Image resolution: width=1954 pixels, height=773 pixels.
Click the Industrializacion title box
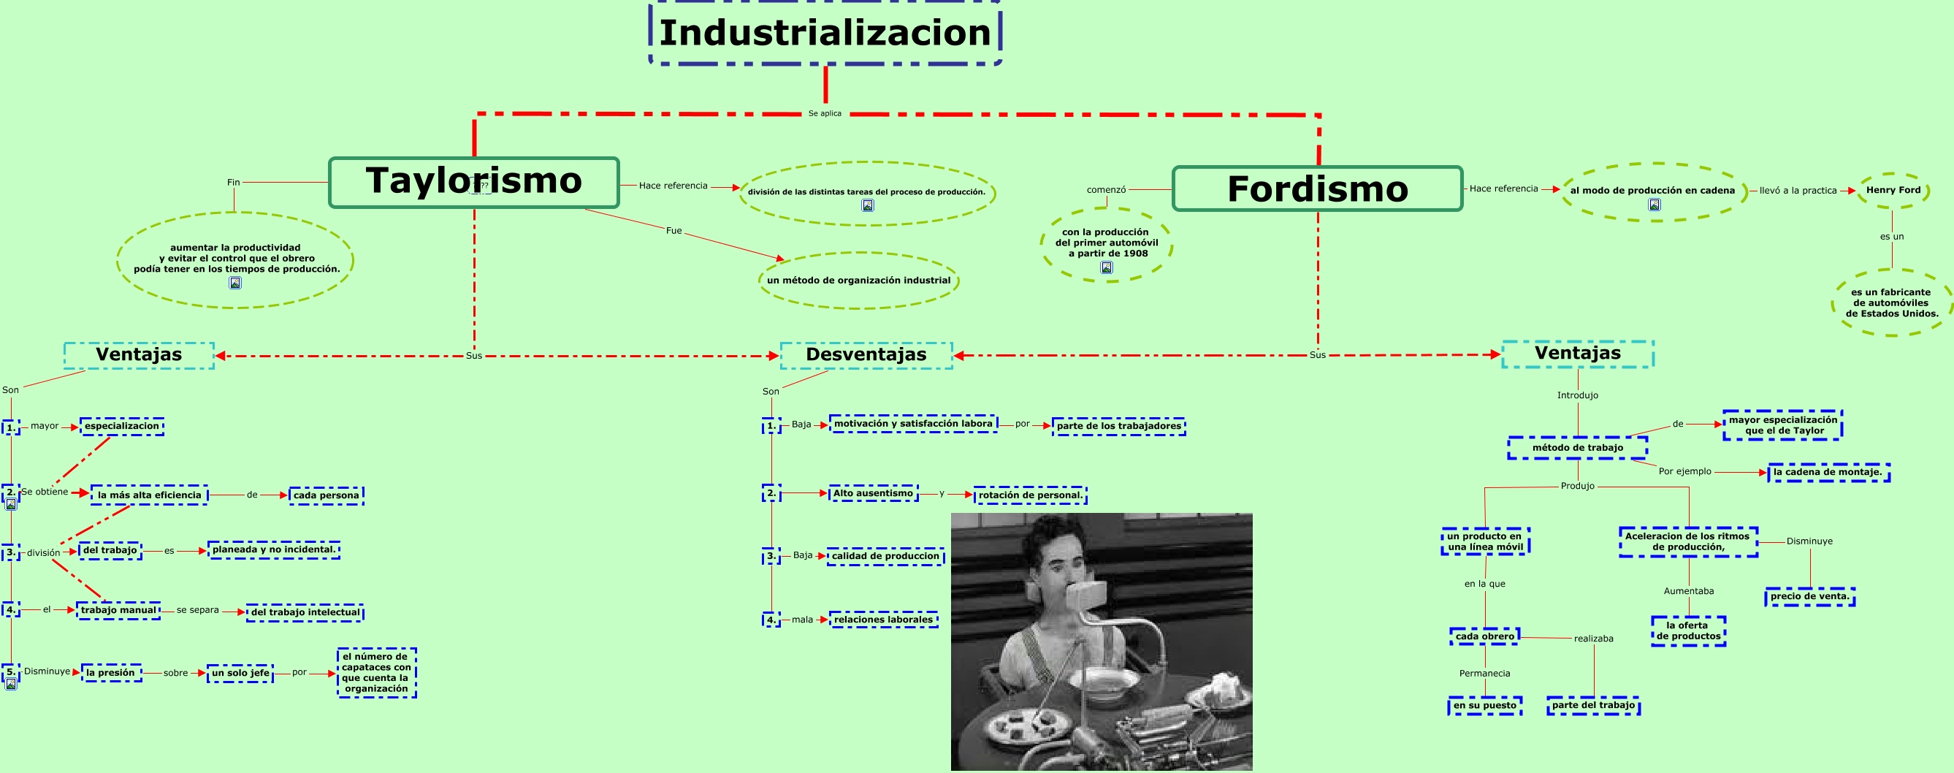point(825,34)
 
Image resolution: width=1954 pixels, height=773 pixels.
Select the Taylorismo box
point(473,182)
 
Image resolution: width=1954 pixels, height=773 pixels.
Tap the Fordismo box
point(1317,189)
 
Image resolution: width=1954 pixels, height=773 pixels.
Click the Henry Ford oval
point(1893,191)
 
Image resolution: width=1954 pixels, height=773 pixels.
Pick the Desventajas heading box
point(866,355)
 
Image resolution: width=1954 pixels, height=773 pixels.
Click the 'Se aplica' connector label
point(825,114)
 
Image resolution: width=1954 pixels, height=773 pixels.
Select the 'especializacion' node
point(121,427)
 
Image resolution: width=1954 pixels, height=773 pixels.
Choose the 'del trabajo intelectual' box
point(305,612)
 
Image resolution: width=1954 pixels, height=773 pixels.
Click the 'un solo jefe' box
point(240,673)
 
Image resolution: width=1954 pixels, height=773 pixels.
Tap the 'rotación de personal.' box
point(1030,495)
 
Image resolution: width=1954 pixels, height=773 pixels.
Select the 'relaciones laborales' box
point(883,620)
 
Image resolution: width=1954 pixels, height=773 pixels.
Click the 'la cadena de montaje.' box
point(1828,472)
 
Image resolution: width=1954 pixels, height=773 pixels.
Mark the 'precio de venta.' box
point(1809,596)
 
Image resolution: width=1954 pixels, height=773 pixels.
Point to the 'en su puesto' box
point(1484,706)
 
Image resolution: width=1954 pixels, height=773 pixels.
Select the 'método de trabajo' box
point(1577,448)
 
